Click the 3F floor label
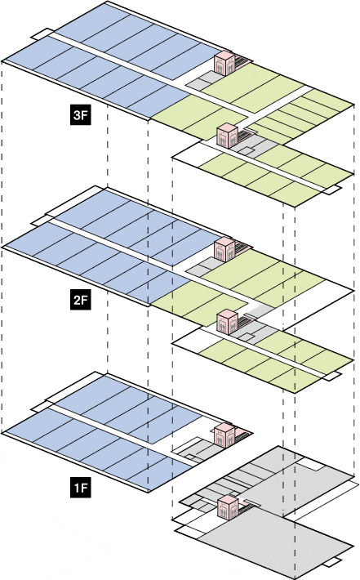point(81,115)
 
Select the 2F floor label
point(81,300)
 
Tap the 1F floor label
point(81,488)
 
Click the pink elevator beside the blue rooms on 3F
point(224,63)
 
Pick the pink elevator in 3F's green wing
point(227,136)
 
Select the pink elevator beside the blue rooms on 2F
point(224,250)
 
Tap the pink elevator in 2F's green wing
point(227,322)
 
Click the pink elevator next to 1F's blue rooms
point(224,435)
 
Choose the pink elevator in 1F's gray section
point(227,508)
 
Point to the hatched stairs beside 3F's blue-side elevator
point(242,60)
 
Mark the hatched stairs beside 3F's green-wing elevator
point(246,134)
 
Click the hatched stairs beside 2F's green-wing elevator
point(246,320)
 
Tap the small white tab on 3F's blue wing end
point(40,33)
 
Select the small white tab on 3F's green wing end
point(331,190)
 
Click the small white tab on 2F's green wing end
point(331,376)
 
